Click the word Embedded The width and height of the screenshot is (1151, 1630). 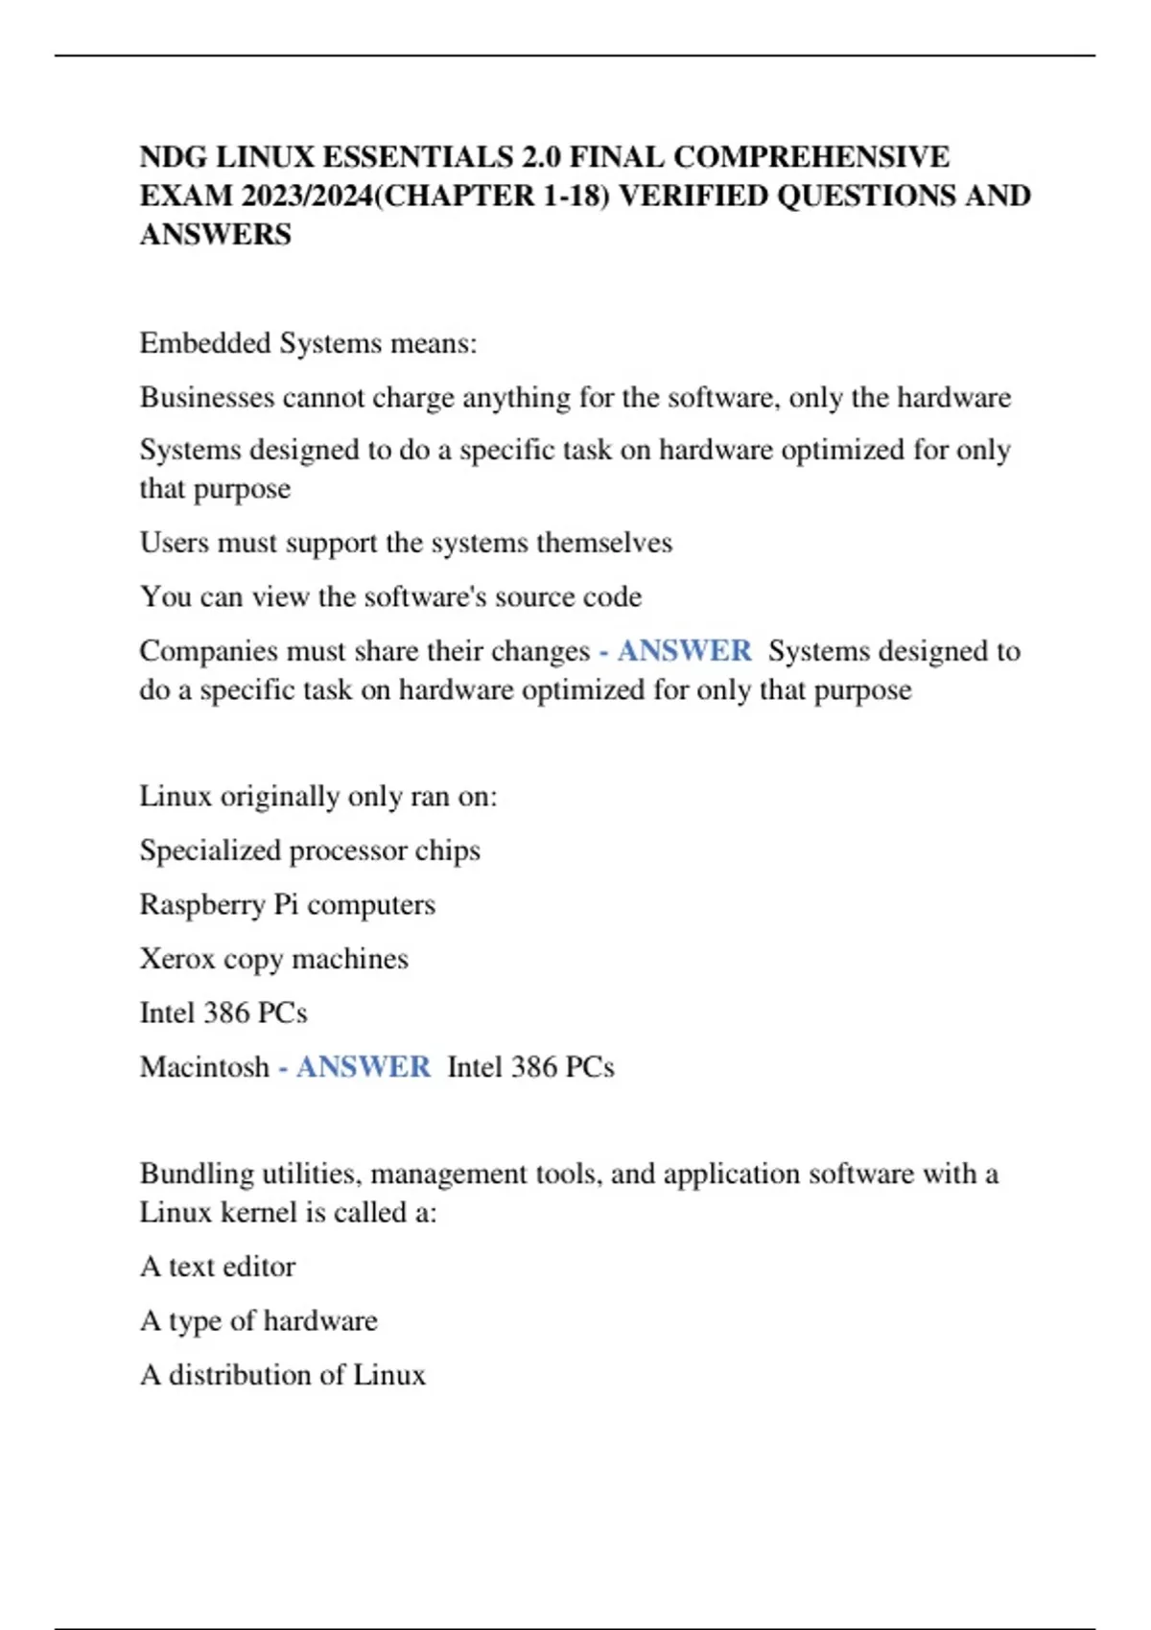click(x=205, y=343)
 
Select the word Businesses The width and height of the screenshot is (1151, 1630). click(x=207, y=397)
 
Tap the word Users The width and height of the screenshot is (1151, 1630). click(x=175, y=543)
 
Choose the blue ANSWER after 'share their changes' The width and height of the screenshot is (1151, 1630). click(x=684, y=651)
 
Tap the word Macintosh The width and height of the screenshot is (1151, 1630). click(x=204, y=1067)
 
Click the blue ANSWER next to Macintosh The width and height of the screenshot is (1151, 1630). click(x=363, y=1067)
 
